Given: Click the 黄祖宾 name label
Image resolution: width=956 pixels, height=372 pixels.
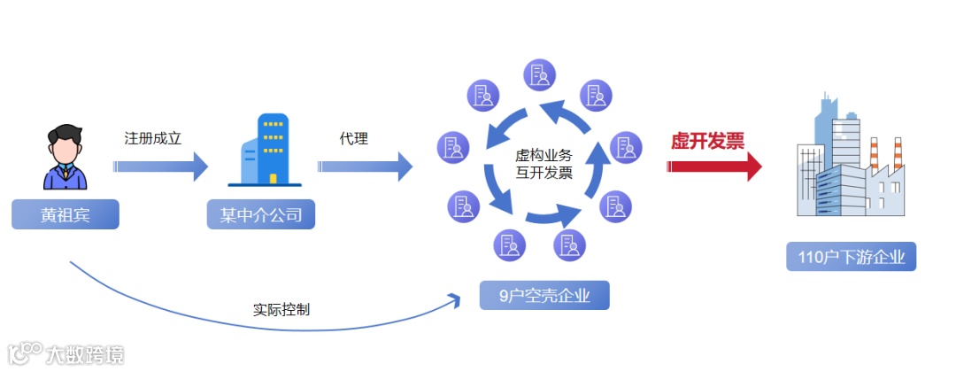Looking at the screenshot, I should point(66,215).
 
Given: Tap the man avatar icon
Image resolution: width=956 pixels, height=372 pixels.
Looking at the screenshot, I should point(66,158).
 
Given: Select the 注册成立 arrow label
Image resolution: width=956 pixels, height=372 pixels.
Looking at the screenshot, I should point(152,139).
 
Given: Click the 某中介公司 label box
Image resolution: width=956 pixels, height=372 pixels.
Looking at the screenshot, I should point(261,215).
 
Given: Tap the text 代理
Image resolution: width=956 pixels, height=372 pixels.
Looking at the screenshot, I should point(353,139).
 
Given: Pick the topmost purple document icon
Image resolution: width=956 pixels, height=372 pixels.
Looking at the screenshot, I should point(540,75).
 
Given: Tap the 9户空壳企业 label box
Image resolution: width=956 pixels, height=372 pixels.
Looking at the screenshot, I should point(544,295).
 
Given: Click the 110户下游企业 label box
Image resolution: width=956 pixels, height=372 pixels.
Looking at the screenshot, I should point(851,258).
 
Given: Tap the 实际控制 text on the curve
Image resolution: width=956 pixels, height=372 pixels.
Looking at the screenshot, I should point(281,311).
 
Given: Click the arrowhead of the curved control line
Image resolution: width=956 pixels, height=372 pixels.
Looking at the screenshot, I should point(457,298).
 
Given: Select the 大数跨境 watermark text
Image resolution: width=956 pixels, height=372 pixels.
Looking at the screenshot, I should point(85,354).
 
